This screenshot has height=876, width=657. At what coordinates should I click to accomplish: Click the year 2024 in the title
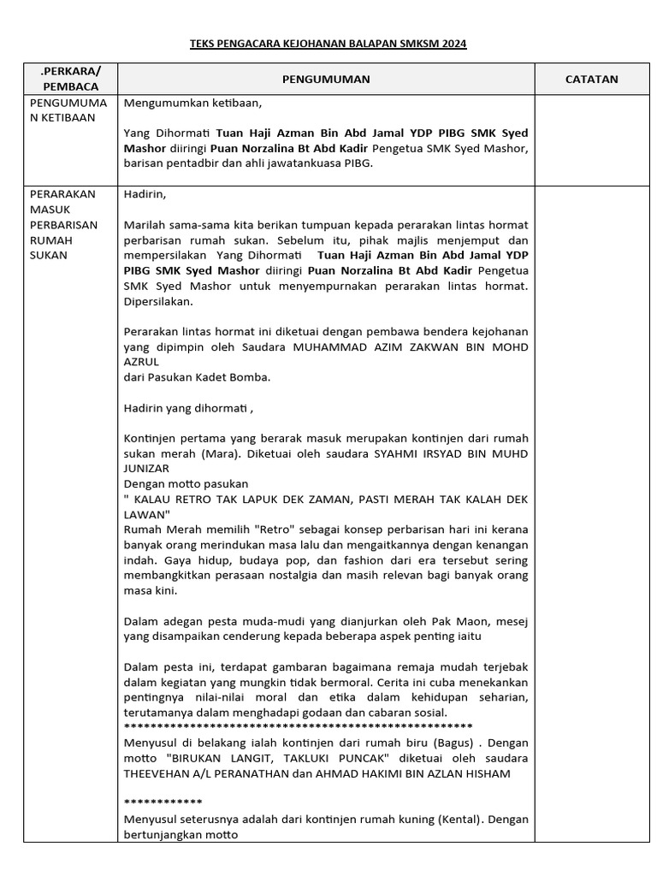(453, 44)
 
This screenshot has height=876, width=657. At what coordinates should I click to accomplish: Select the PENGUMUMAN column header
(326, 79)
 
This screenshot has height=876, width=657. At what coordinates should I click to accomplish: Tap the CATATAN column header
(591, 79)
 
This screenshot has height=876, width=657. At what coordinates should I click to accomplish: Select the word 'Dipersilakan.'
(158, 302)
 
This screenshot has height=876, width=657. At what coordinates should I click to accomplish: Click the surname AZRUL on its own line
(142, 362)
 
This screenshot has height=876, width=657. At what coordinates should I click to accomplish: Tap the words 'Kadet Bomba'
(242, 377)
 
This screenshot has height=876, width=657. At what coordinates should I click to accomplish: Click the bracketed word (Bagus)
(456, 743)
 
